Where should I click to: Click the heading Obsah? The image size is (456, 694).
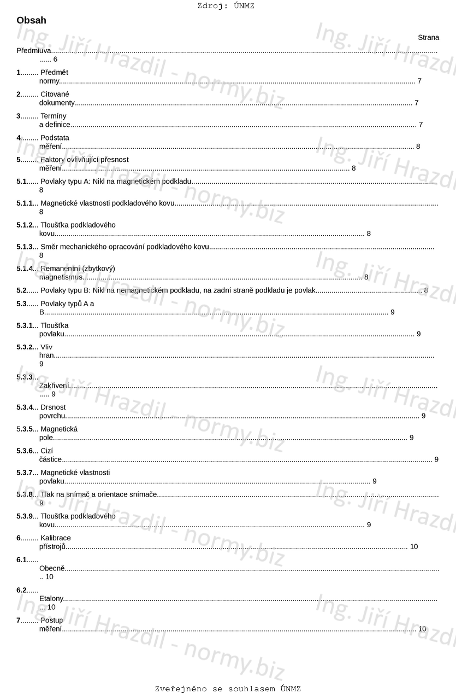31,21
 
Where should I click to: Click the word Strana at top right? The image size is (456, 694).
428,38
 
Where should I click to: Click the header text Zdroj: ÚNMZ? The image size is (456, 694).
226,6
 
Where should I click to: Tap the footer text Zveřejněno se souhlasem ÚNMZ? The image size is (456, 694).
228,689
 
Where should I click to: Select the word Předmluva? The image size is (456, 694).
34,51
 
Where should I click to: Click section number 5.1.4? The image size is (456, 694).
25,269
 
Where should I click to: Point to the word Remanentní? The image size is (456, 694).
61,269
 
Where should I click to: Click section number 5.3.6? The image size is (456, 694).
25,451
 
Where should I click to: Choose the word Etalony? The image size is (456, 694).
51,599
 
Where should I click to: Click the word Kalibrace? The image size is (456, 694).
56,538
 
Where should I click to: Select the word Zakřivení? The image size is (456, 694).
54,386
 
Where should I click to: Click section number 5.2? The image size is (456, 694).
21,290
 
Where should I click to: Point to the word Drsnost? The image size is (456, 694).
53,407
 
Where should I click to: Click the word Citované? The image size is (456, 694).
55,94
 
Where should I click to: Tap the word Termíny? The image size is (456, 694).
54,116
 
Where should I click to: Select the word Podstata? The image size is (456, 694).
55,138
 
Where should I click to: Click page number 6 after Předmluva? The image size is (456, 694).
55,59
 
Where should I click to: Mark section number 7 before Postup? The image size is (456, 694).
19,620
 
